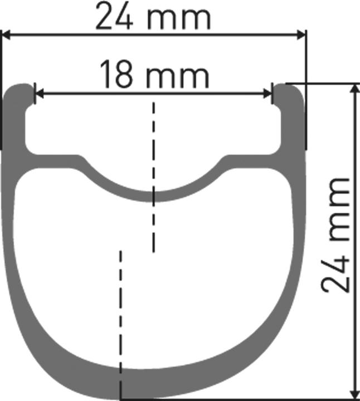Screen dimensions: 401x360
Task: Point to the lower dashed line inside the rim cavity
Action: (120, 312)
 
